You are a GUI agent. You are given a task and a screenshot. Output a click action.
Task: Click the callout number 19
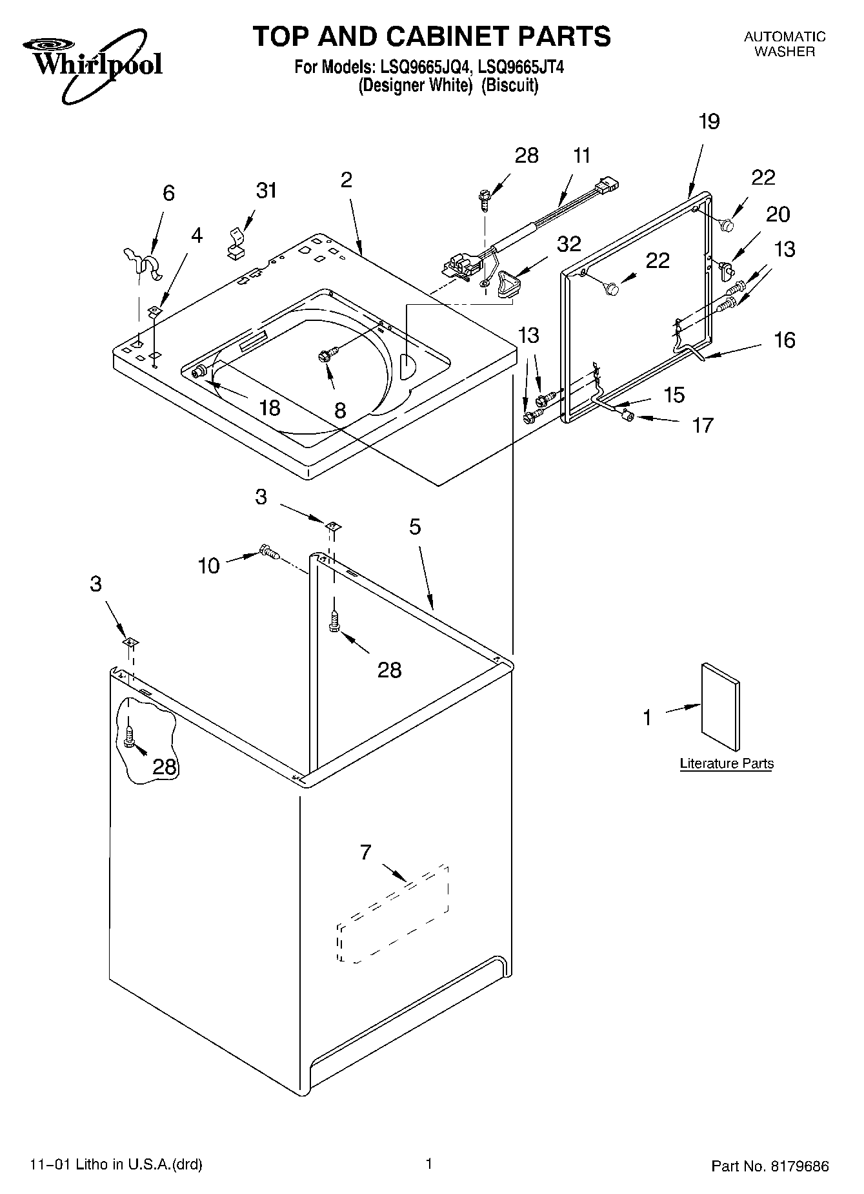708,121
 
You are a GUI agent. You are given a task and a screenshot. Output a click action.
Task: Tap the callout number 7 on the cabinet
366,853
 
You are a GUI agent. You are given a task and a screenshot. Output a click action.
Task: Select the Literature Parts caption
727,764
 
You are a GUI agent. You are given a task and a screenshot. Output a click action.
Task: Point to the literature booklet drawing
720,706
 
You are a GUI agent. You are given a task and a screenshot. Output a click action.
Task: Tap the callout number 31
266,190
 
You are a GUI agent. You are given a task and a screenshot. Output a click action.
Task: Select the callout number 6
168,193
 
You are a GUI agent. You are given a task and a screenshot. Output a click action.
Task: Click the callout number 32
568,244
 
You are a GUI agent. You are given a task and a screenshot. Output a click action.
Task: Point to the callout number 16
784,340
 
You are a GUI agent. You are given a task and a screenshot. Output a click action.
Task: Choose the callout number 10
209,566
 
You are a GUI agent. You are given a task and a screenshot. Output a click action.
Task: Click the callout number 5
415,527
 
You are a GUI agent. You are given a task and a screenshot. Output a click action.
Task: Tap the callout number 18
270,407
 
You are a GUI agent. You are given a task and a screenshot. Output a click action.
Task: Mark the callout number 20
778,214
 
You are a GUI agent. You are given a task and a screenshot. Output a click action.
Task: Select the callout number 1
647,717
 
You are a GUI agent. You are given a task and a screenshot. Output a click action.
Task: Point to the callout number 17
703,425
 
